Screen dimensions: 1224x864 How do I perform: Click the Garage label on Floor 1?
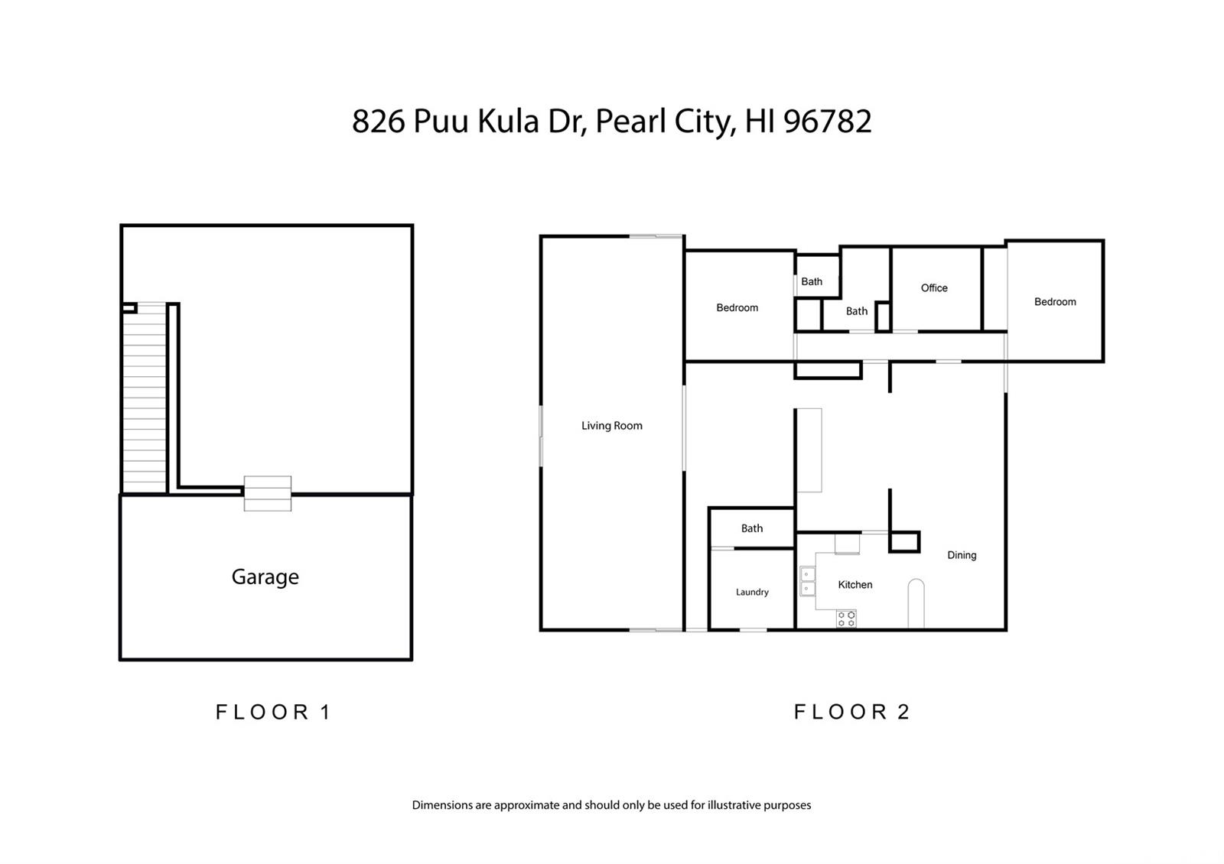[265, 577]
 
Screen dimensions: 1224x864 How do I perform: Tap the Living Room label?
[611, 425]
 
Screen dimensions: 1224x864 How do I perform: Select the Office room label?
[934, 287]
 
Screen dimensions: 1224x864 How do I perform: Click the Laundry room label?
[752, 592]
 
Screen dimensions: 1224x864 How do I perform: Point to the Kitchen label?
[855, 584]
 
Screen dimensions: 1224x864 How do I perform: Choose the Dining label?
[962, 555]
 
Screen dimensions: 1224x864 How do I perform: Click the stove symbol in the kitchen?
[846, 619]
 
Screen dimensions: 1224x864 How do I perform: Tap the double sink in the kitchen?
[808, 582]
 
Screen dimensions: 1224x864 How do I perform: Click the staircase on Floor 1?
[145, 398]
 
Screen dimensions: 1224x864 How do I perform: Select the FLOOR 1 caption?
[273, 712]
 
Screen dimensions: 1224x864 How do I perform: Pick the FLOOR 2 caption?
[851, 712]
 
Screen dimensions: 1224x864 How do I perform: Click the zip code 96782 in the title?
[827, 122]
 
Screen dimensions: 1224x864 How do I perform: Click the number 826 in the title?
[378, 122]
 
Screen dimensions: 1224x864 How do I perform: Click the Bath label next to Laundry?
[752, 528]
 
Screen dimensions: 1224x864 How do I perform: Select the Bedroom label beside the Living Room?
[737, 307]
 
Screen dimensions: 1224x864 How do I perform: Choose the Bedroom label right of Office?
[1055, 301]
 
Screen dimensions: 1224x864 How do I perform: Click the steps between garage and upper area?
[268, 494]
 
